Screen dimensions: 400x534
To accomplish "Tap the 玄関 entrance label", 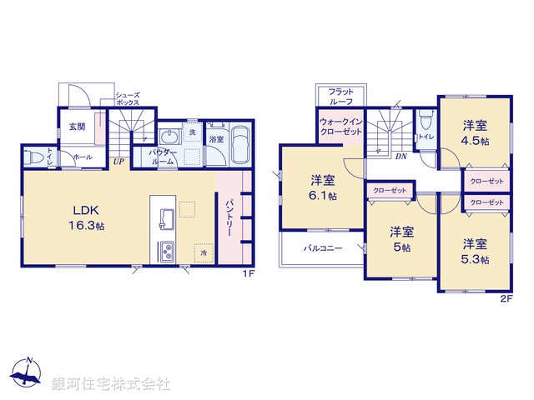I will (77, 127).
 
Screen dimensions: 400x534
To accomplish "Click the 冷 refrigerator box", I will (203, 251).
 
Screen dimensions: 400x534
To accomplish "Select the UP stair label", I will (119, 162).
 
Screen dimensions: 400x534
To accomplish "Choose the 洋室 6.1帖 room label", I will (323, 187).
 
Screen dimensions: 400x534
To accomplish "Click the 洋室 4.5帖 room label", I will (476, 133).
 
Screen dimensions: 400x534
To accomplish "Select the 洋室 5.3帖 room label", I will (476, 252).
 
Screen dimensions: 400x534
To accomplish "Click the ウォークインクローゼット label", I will (340, 127).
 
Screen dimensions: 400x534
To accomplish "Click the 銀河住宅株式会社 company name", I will (113, 383).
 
